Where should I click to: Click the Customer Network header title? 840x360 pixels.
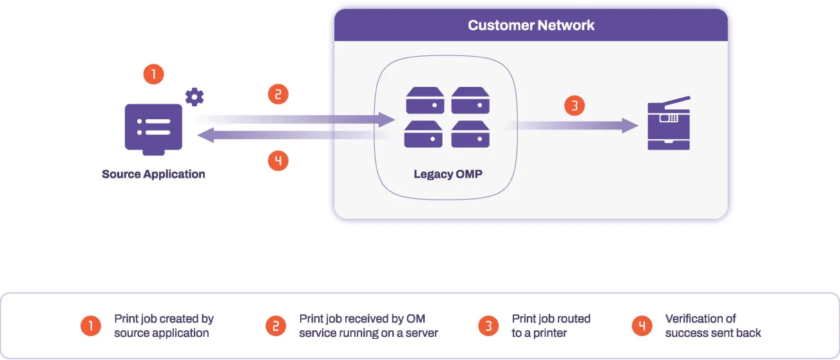[531, 26]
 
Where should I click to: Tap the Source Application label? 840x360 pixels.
[153, 174]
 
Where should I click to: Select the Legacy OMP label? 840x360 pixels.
[448, 174]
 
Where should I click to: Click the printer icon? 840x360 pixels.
[669, 124]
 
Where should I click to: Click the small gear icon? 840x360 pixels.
[194, 97]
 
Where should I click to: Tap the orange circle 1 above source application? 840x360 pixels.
[153, 73]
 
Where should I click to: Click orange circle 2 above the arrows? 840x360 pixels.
[278, 95]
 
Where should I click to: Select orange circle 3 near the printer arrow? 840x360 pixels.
[575, 105]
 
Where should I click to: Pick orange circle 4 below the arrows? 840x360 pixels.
[278, 160]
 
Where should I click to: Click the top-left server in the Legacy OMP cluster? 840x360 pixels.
[425, 101]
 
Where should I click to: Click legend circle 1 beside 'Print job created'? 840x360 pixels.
[91, 326]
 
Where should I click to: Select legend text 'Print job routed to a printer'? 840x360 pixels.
[551, 326]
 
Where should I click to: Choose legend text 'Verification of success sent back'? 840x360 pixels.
[713, 326]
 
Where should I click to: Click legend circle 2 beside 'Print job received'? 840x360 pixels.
[276, 326]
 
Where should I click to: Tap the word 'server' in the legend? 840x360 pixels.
[422, 333]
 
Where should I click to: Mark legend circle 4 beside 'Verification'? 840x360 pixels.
[642, 326]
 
